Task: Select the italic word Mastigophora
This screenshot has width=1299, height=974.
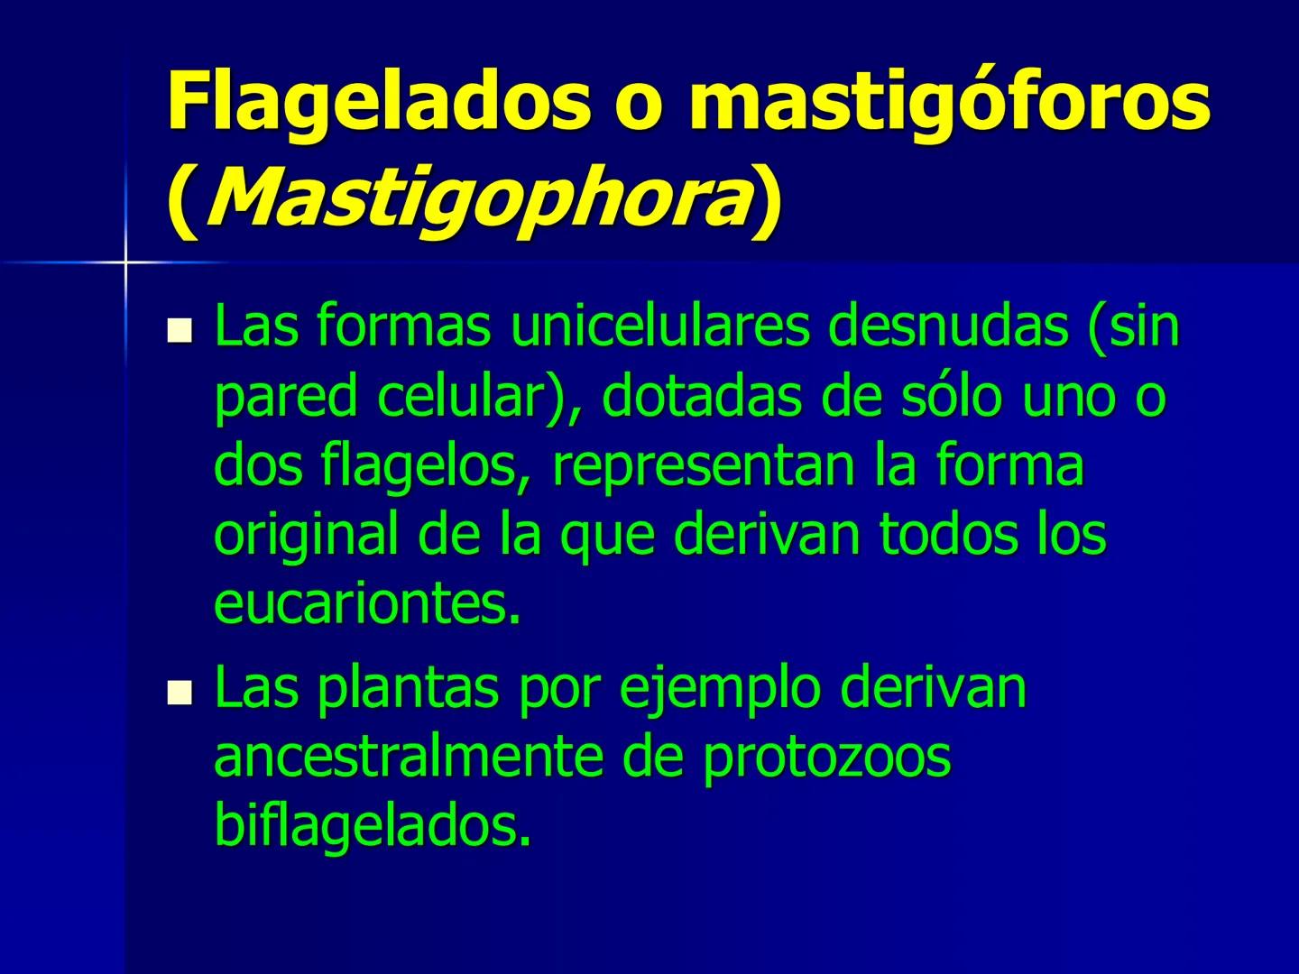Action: (x=479, y=200)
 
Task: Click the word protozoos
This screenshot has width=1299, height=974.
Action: (x=826, y=758)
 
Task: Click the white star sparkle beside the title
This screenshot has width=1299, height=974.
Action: (x=125, y=262)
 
